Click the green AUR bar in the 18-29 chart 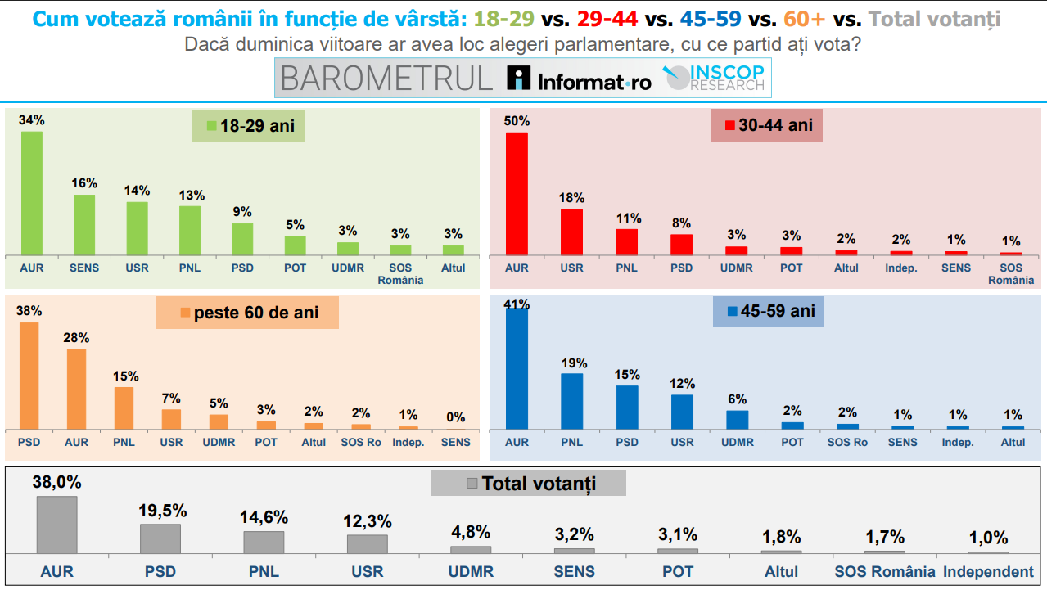click(x=32, y=193)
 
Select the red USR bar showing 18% click(x=571, y=232)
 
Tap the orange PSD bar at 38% click(x=29, y=376)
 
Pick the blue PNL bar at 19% click(x=571, y=401)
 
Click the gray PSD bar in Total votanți click(x=160, y=538)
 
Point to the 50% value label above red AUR click(x=517, y=121)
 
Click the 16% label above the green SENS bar click(x=84, y=183)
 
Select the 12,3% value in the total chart click(x=367, y=522)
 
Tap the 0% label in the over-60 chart click(x=456, y=417)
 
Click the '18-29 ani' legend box click(x=249, y=126)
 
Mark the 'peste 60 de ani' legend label click(x=247, y=313)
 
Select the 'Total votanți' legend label click(x=529, y=484)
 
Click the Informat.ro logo click(x=580, y=79)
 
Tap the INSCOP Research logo click(x=715, y=79)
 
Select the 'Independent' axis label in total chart click(x=988, y=572)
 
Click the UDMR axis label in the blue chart click(x=737, y=442)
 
